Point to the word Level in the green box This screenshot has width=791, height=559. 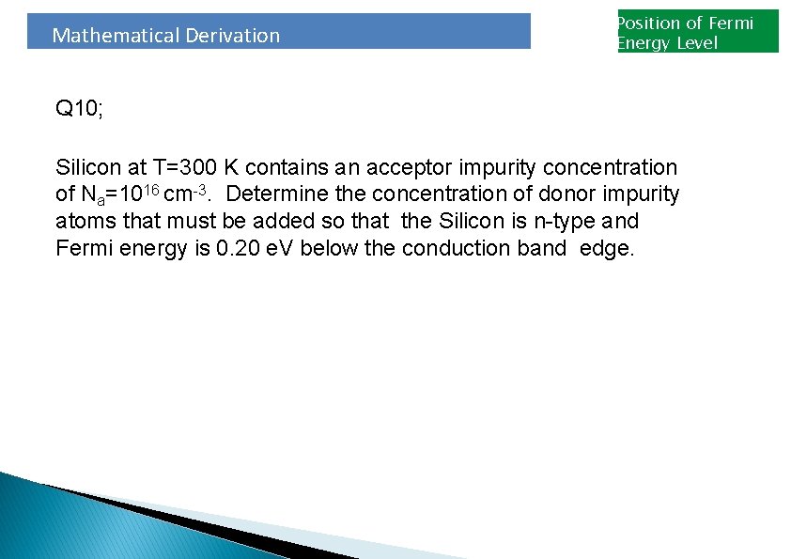tap(696, 43)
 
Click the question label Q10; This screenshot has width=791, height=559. tap(80, 109)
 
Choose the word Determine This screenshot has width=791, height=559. tap(272, 194)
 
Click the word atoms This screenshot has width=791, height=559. tap(84, 222)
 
